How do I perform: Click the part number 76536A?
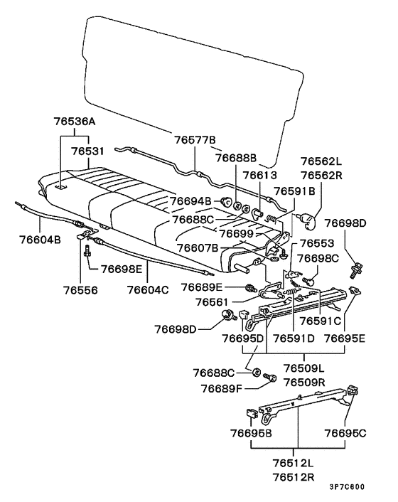click(75, 122)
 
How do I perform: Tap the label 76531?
click(87, 151)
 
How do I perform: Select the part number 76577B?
click(195, 140)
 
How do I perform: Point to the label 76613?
click(259, 175)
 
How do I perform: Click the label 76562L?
click(321, 161)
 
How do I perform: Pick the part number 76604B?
click(40, 240)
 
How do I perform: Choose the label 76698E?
click(122, 269)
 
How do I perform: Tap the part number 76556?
click(80, 290)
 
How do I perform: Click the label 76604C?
click(148, 290)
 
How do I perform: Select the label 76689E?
click(202, 287)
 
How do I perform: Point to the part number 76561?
click(212, 302)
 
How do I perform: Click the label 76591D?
click(294, 338)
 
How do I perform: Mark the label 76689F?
click(221, 389)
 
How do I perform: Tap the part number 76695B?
click(251, 433)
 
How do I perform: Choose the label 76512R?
click(294, 477)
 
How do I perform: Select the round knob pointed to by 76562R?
click(308, 221)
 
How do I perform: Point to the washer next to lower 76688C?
click(257, 373)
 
